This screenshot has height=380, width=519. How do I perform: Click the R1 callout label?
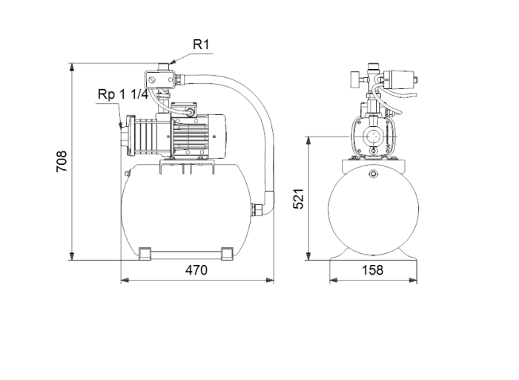pos(202,45)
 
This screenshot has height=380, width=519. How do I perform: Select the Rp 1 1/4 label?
pos(123,94)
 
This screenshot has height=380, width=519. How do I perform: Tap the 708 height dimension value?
pos(62,161)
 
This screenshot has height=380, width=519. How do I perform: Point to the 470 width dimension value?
pos(196,270)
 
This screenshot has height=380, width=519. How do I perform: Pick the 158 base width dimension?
pos(373,270)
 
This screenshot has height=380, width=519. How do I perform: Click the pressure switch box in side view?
pos(158,79)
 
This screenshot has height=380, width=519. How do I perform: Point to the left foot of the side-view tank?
pos(145,254)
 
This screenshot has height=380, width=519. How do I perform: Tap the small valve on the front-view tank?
pos(373,174)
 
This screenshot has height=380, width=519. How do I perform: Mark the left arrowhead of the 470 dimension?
pos(123,281)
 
